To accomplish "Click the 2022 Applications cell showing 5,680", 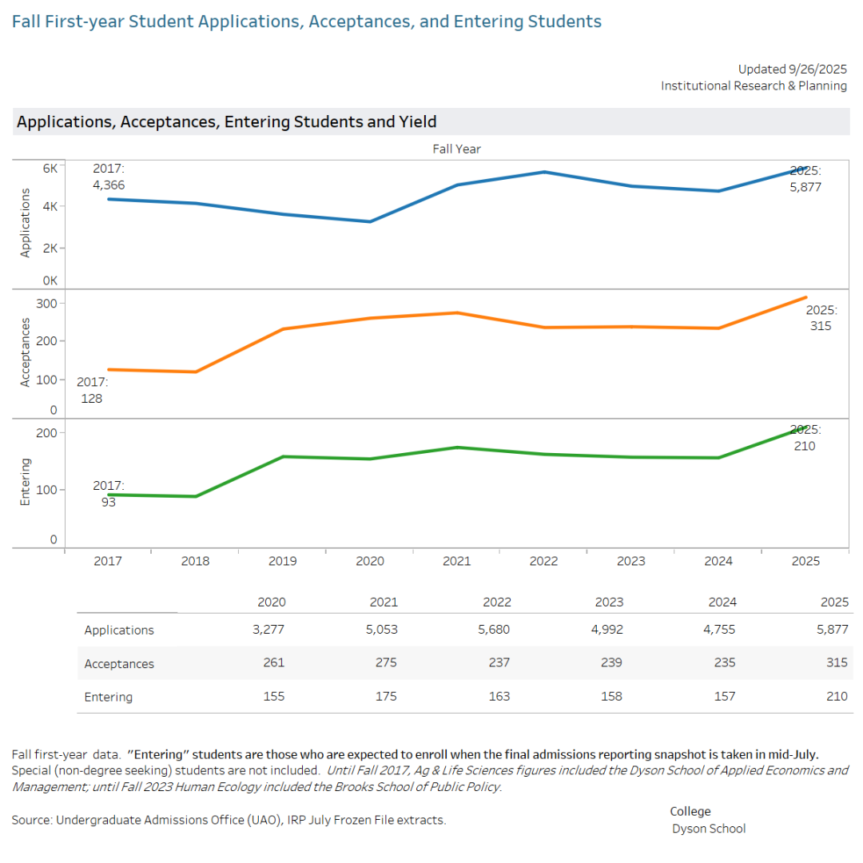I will click(495, 630).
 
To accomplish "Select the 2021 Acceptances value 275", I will click(386, 663).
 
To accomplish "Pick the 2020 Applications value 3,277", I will click(268, 630).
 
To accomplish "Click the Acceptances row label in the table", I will click(119, 663).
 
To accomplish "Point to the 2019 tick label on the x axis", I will click(282, 561).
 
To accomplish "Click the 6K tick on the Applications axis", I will click(50, 168).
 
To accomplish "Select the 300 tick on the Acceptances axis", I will click(46, 303).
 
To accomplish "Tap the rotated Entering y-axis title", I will click(25, 481).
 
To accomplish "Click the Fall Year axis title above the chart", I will click(456, 149).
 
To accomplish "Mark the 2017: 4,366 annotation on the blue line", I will click(109, 177).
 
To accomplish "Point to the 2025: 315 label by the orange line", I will click(821, 318).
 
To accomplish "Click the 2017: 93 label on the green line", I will click(109, 494).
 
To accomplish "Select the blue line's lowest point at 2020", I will click(370, 221).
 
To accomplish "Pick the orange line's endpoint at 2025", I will click(805, 297).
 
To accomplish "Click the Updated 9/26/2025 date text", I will click(792, 69).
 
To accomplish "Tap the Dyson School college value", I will click(709, 829).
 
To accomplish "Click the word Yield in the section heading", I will click(417, 122).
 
